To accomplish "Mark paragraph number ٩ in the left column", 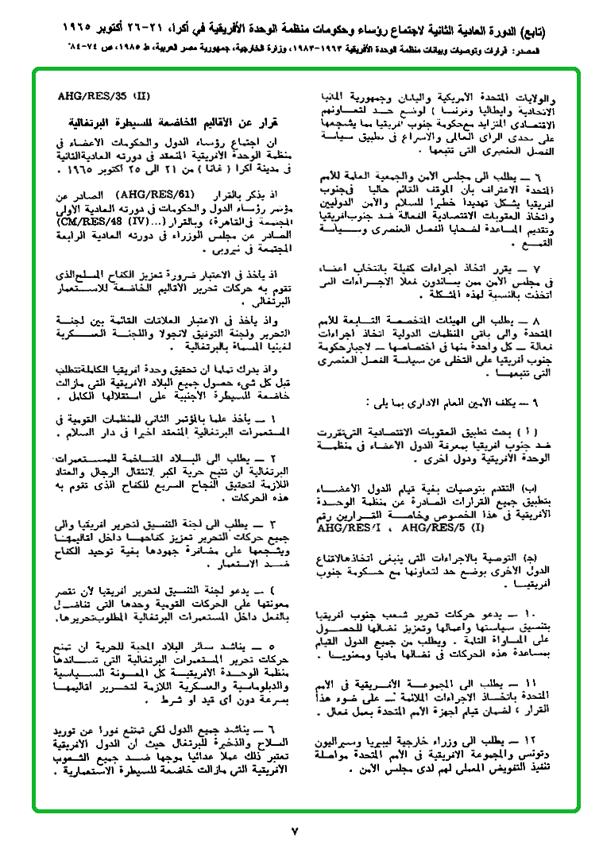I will (x=538, y=403).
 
